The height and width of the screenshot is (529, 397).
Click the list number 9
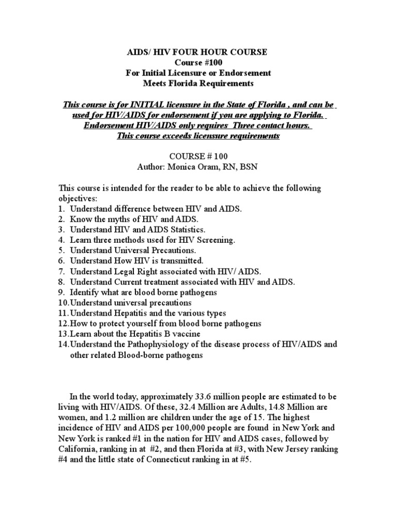(x=61, y=292)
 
